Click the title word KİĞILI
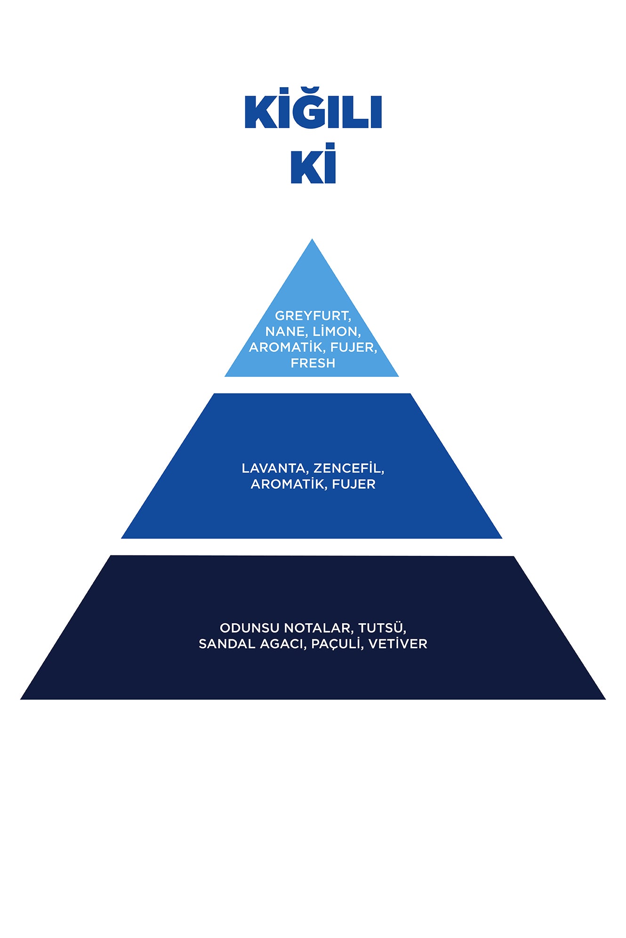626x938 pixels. (313, 108)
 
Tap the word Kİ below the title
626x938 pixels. (313, 163)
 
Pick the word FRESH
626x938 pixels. (313, 363)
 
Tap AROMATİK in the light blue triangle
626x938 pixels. (287, 347)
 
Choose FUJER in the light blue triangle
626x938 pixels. (353, 348)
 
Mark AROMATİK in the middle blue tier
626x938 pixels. (289, 484)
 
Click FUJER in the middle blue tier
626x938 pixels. (353, 484)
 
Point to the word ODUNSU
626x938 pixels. (249, 628)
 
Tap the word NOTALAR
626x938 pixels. (319, 628)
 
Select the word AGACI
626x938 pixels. (283, 644)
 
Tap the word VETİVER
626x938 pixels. (398, 644)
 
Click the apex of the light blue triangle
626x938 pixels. (312, 239)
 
